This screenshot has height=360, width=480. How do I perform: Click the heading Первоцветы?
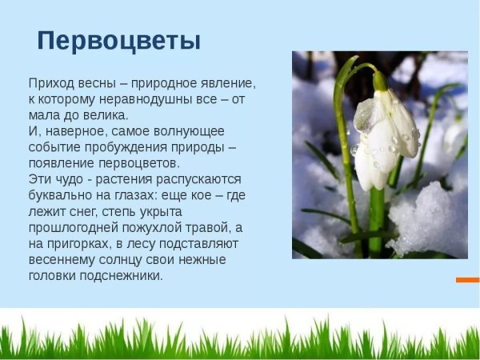(x=119, y=41)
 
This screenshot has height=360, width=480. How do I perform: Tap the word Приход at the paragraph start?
(x=51, y=83)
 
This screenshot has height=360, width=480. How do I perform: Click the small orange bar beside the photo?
(x=467, y=280)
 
